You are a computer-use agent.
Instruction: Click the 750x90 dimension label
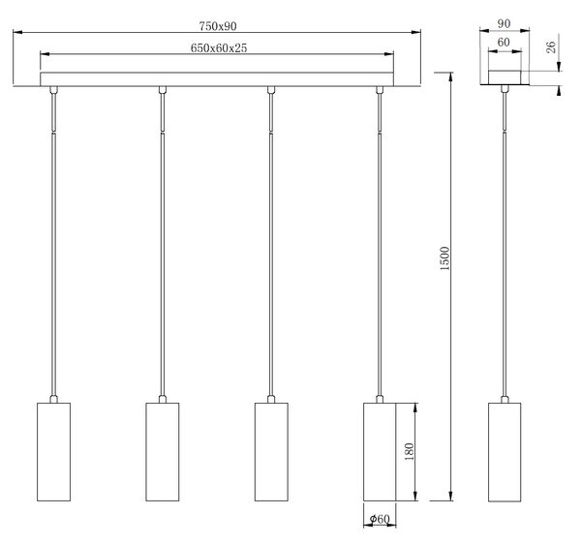pos(218,26)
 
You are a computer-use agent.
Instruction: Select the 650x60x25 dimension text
pos(219,48)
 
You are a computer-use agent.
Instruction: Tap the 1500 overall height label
pos(444,258)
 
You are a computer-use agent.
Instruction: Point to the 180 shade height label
pos(409,451)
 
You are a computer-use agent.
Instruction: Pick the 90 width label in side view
pos(504,23)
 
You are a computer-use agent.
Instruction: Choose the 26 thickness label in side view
pos(551,47)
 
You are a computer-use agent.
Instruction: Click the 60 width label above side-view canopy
pos(504,43)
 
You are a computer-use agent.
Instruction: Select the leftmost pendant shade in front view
pos(53,452)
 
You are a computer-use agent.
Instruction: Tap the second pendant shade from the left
pos(163,452)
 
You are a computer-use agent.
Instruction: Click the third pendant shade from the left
pos(271,452)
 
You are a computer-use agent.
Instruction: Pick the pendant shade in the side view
pos(505,452)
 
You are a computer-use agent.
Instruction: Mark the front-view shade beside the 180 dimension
pos(380,452)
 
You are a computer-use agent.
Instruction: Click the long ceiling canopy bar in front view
pos(217,79)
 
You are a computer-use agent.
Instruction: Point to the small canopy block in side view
pos(505,77)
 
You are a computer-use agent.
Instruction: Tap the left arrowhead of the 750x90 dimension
pos(17,32)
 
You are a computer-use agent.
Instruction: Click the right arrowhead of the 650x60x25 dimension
pos(389,54)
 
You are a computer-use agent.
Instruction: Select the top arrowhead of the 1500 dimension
pos(450,76)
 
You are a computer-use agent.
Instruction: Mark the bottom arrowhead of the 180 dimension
pos(415,497)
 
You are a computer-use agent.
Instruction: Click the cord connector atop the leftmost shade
pos(53,399)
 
